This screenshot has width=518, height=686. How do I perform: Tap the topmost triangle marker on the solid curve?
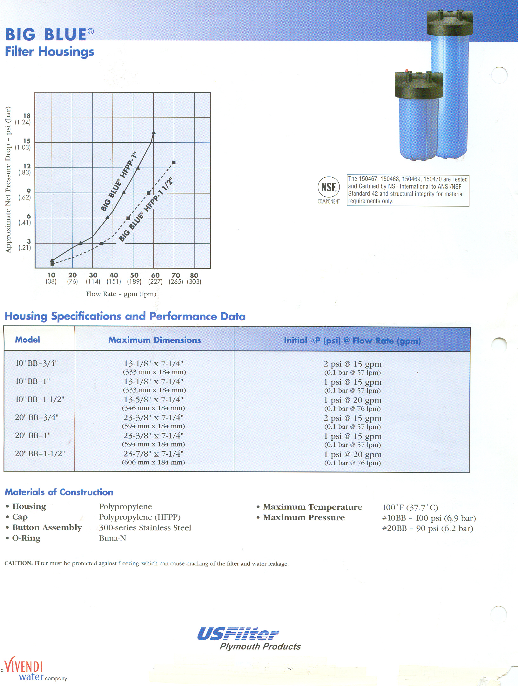pos(154,132)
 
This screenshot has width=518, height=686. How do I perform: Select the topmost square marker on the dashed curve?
pos(174,162)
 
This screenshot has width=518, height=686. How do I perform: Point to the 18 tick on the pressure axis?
pos(27,116)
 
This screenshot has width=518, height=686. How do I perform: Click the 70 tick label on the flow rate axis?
pos(176,275)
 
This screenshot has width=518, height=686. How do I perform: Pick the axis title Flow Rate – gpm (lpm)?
pos(121,294)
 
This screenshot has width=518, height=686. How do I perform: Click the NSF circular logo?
pos(329,187)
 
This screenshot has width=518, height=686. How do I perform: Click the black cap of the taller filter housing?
pos(450,23)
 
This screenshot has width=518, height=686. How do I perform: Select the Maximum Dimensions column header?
pos(155,340)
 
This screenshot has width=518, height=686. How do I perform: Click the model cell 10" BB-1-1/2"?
pos(40,399)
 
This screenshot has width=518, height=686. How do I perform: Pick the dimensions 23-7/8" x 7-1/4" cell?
pos(153,454)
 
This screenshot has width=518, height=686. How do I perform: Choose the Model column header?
pos(28,340)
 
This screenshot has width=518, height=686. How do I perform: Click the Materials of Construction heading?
pos(59,492)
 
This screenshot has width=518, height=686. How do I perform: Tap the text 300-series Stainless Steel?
pos(145,528)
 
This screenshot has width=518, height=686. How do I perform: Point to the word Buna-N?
pos(112,538)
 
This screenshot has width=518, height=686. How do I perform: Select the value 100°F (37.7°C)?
pos(410,507)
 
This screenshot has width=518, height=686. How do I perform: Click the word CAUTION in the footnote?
pos(18,563)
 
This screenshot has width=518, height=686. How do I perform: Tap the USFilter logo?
pos(238,634)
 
